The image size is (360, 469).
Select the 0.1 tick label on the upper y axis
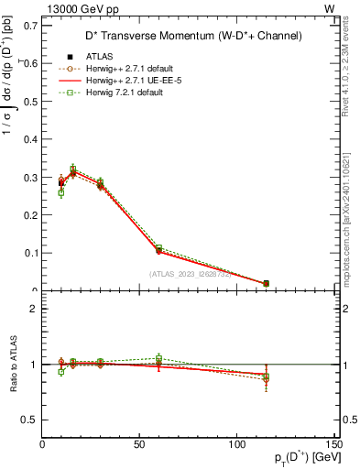click(x=30, y=252)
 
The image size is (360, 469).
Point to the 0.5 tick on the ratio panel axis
click(x=30, y=420)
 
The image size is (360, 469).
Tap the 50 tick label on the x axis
click(x=139, y=445)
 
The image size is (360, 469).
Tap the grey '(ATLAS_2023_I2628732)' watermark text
click(x=191, y=274)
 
